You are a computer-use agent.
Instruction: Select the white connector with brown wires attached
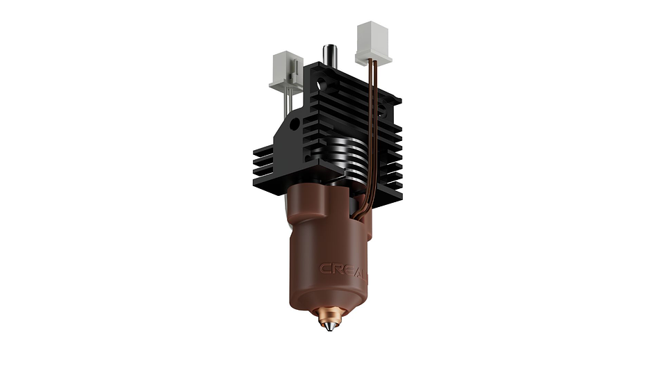[373, 42]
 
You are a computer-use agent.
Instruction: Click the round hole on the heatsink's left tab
[295, 124]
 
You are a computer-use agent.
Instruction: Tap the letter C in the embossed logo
[324, 269]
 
